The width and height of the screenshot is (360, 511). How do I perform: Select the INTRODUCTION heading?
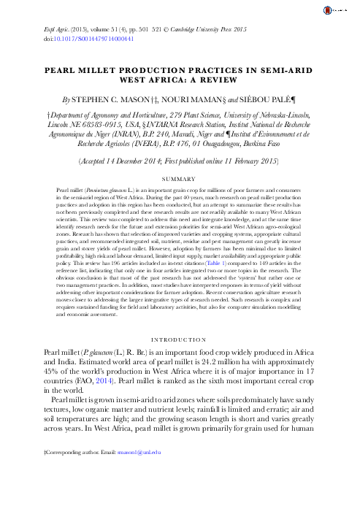pyautogui.click(x=180, y=339)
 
